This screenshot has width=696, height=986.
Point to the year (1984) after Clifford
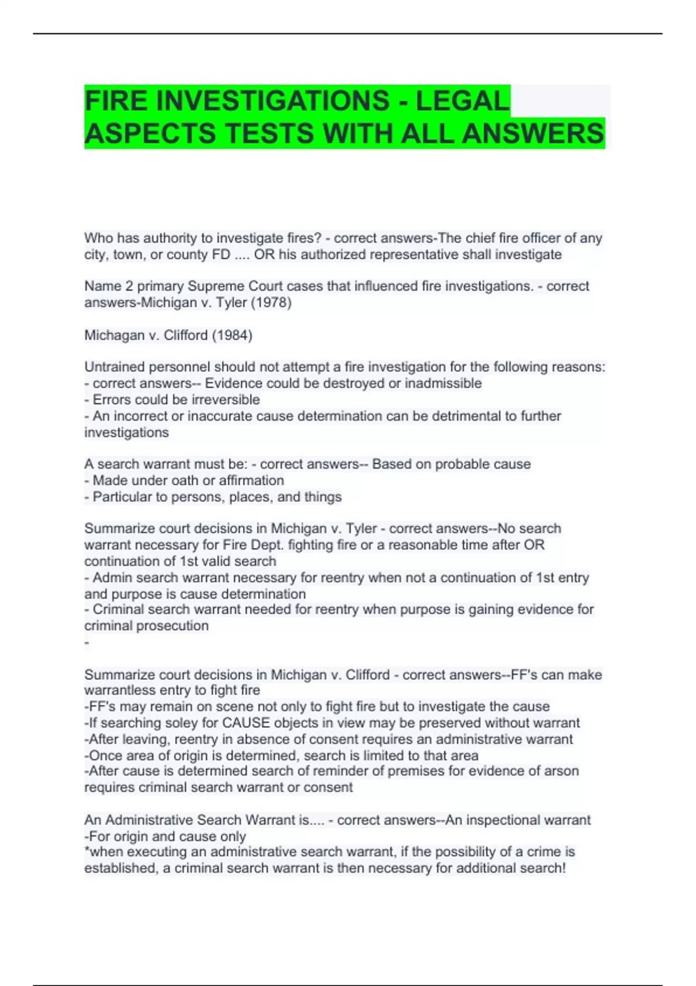[231, 335]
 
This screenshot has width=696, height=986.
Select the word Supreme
[216, 287]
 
